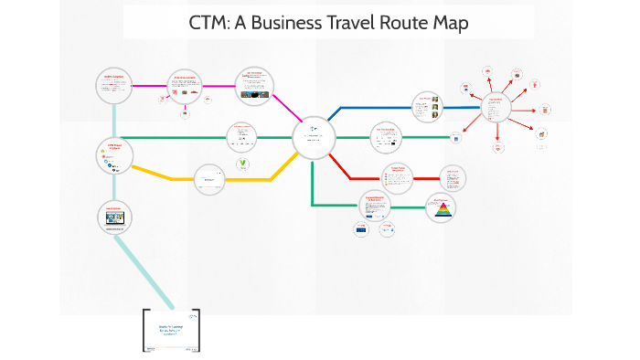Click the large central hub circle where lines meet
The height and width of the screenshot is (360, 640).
click(315, 139)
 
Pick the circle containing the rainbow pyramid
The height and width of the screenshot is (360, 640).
click(442, 209)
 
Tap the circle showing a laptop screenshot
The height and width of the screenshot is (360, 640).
click(115, 217)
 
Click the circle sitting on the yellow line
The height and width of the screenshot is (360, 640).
click(209, 179)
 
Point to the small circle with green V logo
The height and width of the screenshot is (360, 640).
click(243, 165)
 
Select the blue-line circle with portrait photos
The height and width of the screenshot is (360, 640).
click(426, 107)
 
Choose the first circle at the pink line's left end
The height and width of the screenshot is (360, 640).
click(115, 86)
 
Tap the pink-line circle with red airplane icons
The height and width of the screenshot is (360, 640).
click(187, 86)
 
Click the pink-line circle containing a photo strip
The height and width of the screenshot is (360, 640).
click(255, 84)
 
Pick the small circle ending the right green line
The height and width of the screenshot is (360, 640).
click(455, 138)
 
